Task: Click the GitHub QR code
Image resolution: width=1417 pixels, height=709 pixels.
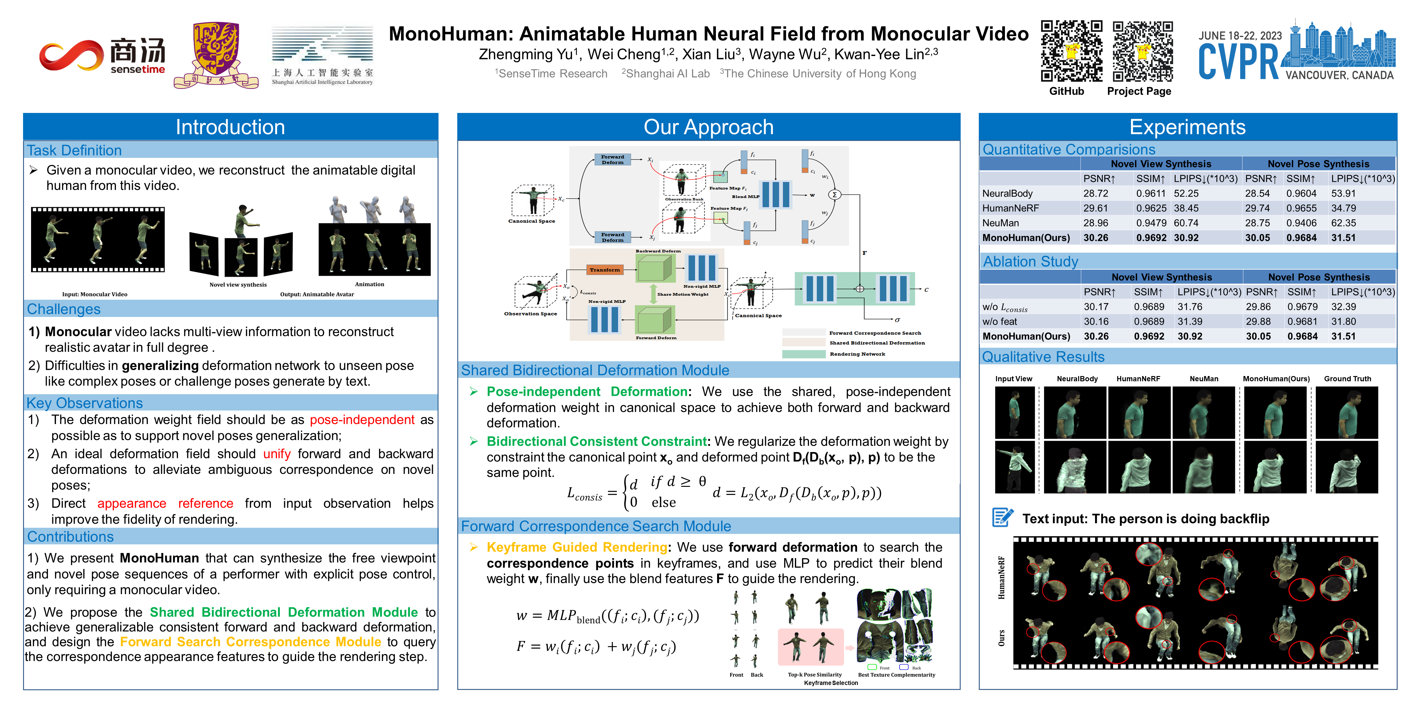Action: point(1071,51)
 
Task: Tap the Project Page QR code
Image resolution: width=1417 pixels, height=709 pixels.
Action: point(1142,51)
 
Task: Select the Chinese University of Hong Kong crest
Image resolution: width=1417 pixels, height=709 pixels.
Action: point(216,55)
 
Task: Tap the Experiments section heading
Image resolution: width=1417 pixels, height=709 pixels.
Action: point(1187,127)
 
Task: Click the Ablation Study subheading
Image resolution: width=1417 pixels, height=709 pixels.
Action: point(1030,262)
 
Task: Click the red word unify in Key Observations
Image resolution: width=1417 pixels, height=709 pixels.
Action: point(277,454)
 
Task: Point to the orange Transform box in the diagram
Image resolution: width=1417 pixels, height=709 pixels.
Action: point(605,270)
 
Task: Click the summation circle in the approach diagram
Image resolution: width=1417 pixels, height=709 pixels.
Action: point(835,195)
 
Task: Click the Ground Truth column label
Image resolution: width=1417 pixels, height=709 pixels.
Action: point(1347,379)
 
